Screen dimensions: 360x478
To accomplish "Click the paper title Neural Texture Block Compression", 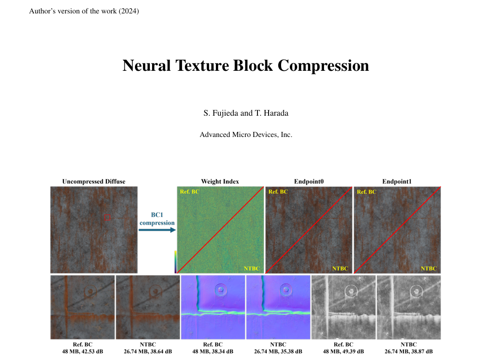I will (x=245, y=66).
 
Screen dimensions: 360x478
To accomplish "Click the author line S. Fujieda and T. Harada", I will (x=245, y=113).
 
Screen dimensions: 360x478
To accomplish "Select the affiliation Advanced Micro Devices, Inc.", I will (x=245, y=135).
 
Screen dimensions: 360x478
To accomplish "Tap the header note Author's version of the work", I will (x=84, y=11).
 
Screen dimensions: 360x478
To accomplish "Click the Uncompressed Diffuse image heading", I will (x=94, y=181).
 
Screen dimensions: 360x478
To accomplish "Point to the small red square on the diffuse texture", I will (x=108, y=217).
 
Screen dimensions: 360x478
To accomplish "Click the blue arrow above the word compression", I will (x=157, y=230).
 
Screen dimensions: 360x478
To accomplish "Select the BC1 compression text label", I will (x=157, y=219).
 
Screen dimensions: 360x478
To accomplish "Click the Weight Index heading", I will (x=220, y=181).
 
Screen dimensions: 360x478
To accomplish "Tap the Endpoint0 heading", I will (x=309, y=181).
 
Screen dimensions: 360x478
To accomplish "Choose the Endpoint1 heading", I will (x=397, y=181).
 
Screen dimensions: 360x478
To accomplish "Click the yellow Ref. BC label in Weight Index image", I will (x=190, y=192).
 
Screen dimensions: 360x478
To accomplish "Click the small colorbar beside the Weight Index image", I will (x=176, y=261).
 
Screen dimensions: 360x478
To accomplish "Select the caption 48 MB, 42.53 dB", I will (x=83, y=352).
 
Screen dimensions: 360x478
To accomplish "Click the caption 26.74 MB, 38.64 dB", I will (x=148, y=352).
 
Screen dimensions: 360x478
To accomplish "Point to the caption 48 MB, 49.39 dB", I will (x=343, y=352).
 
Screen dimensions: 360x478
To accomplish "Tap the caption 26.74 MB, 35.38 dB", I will (x=278, y=352).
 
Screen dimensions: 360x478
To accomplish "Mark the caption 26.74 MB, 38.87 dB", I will (x=409, y=352).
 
